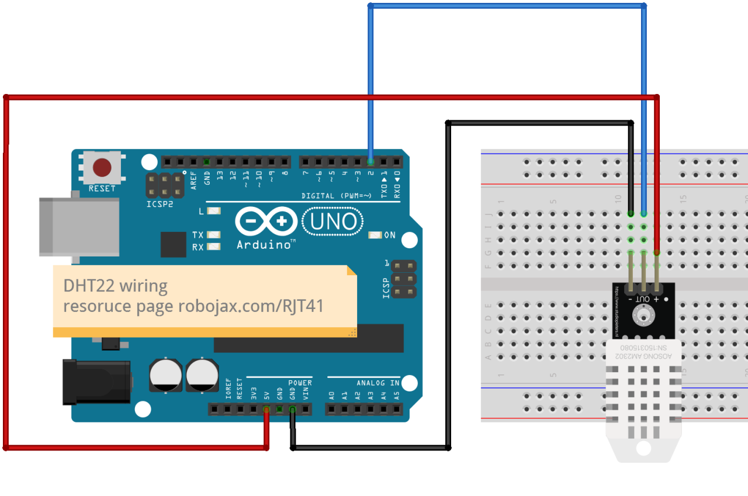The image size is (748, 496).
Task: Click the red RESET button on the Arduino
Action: point(102,168)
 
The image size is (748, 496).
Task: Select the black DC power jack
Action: point(96,381)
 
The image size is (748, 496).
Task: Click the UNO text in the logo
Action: point(333,222)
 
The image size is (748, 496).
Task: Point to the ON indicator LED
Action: point(375,235)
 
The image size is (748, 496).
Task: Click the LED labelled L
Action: point(214,211)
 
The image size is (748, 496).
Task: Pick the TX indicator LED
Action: point(214,235)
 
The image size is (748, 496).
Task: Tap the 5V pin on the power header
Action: point(266,410)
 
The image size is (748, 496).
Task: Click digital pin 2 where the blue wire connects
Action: point(370,161)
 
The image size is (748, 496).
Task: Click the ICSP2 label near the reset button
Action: point(160,204)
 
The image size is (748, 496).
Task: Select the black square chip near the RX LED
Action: point(173,244)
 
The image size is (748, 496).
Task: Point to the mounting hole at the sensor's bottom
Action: point(643,448)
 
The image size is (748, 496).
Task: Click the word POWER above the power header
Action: point(300,383)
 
